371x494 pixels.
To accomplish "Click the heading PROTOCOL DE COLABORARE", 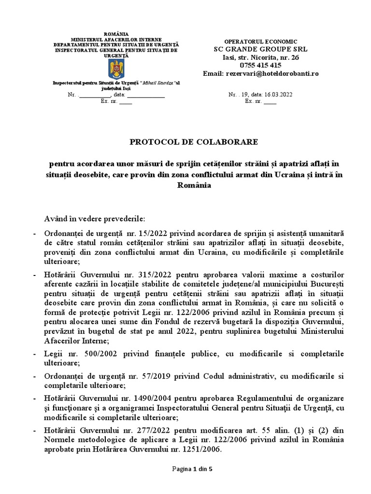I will point(193,142).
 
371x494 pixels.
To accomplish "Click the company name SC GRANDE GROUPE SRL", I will point(260,49).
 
